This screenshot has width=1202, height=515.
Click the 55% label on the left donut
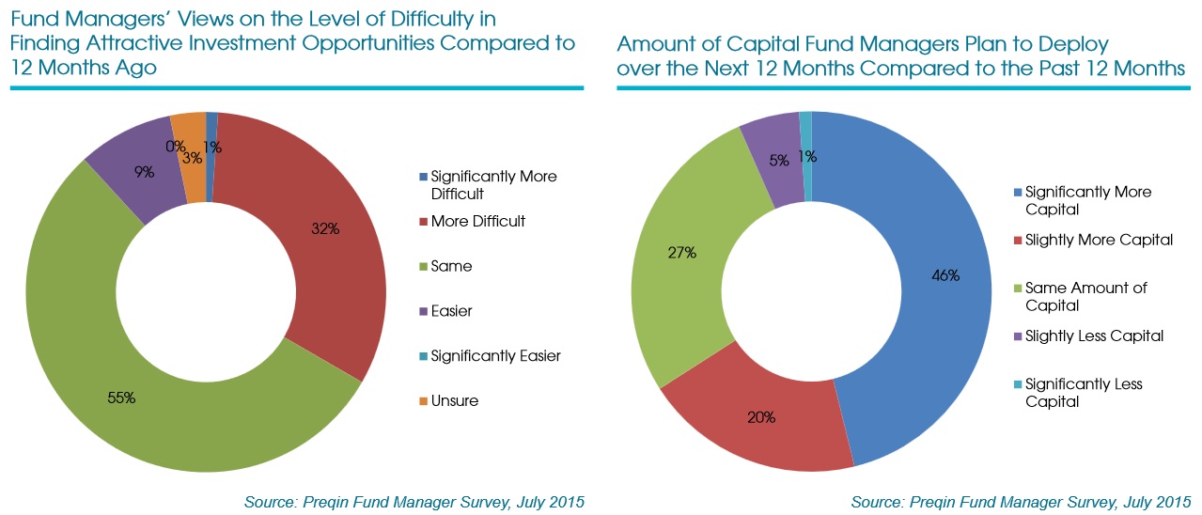pos(121,398)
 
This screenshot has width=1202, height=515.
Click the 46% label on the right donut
pos(944,275)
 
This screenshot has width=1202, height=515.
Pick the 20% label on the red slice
pos(761,416)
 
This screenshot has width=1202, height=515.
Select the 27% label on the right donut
pos(681,252)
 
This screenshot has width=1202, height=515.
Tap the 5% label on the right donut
pos(780,160)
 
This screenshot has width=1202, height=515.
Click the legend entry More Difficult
pos(477,222)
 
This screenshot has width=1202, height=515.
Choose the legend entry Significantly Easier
pos(495,356)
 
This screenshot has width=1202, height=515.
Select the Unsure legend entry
pos(454,401)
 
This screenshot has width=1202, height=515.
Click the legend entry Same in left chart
pos(451,267)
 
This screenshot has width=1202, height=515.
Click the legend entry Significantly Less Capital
pos(1083,393)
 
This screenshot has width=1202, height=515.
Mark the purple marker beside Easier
pos(422,312)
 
